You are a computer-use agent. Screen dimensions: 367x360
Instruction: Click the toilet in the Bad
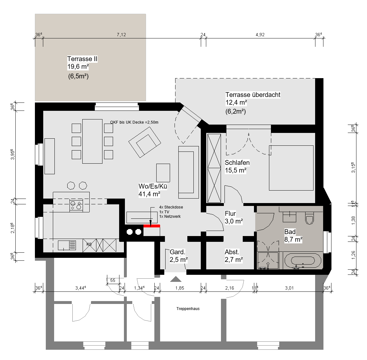(x=309, y=218)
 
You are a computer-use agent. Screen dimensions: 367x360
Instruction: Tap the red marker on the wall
(x=152, y=226)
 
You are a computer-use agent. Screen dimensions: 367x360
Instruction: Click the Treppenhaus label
(x=188, y=309)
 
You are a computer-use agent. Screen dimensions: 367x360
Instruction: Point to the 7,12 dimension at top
(x=121, y=35)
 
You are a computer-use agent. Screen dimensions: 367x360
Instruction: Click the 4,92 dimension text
(x=260, y=35)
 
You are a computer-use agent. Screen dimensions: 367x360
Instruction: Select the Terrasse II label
(x=82, y=59)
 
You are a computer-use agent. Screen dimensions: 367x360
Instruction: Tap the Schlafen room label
(x=237, y=162)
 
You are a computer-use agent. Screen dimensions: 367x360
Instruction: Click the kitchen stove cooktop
(x=76, y=205)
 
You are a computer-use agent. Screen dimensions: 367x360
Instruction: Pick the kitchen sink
(x=67, y=245)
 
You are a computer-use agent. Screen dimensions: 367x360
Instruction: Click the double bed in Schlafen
(x=291, y=168)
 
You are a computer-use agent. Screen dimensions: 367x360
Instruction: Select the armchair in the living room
(x=145, y=142)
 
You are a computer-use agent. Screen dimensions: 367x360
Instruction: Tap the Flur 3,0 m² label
(x=233, y=217)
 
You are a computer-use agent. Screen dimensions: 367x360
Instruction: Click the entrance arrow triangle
(x=176, y=279)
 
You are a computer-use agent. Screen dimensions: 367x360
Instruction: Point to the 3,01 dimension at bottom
(x=289, y=288)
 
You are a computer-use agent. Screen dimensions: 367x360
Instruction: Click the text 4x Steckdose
(x=171, y=207)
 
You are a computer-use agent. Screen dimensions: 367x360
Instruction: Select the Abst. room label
(x=232, y=252)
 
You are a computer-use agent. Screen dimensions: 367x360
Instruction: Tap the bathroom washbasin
(x=290, y=217)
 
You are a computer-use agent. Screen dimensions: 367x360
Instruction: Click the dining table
(x=92, y=141)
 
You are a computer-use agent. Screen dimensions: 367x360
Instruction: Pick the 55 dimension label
(x=113, y=280)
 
